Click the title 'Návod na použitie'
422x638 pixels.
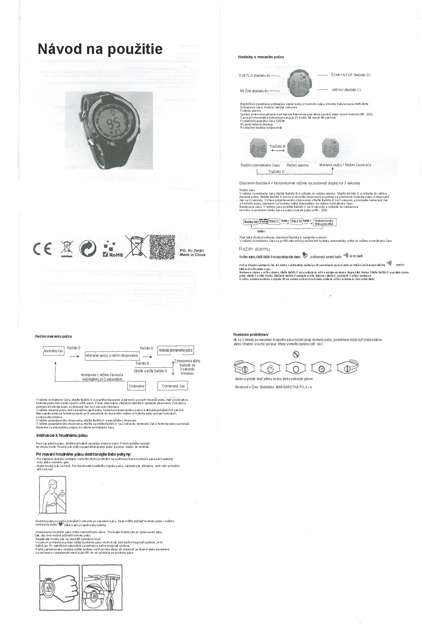(x=100, y=49)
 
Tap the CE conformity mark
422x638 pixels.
(x=42, y=249)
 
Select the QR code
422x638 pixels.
(x=162, y=247)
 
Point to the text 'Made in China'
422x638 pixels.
(x=192, y=255)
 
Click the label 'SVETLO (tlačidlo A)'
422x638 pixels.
(x=254, y=76)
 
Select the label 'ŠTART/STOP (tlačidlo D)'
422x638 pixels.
(x=350, y=75)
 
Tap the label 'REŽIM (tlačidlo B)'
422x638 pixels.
(x=254, y=91)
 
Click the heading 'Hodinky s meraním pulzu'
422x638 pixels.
(x=261, y=57)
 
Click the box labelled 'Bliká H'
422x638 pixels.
(x=274, y=221)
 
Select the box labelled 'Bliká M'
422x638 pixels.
(x=296, y=221)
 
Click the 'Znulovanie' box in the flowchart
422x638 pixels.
(x=136, y=386)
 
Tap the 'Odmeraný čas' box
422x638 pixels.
(x=173, y=386)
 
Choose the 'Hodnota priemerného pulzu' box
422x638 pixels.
(x=175, y=350)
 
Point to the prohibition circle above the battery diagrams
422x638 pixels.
(x=296, y=354)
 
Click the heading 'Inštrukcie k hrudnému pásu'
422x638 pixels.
(x=62, y=435)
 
